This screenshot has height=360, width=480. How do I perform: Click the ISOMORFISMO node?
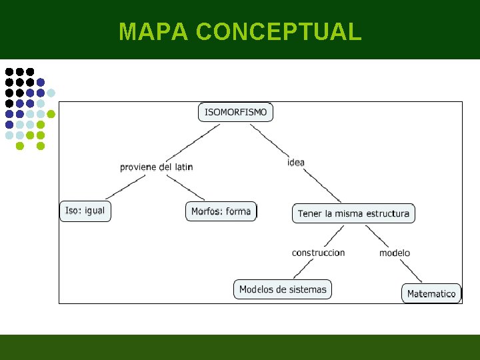[x=236, y=112]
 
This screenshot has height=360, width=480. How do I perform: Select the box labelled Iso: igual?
[x=85, y=211]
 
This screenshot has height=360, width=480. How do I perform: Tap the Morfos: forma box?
[x=221, y=211]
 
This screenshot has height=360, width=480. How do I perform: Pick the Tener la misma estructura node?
[x=353, y=213]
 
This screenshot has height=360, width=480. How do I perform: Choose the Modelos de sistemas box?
[x=283, y=289]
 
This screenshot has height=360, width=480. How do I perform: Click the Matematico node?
[x=431, y=293]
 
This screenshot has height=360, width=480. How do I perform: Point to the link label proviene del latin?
[x=157, y=167]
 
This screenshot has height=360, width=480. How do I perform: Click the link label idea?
[x=296, y=162]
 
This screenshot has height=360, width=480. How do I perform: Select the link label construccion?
[x=318, y=253]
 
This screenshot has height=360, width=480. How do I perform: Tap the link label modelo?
[x=395, y=253]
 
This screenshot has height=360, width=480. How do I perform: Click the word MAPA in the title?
[x=154, y=31]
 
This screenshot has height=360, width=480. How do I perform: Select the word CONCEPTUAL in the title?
[x=279, y=31]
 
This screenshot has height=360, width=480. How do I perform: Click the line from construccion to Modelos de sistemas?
[x=304, y=268]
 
